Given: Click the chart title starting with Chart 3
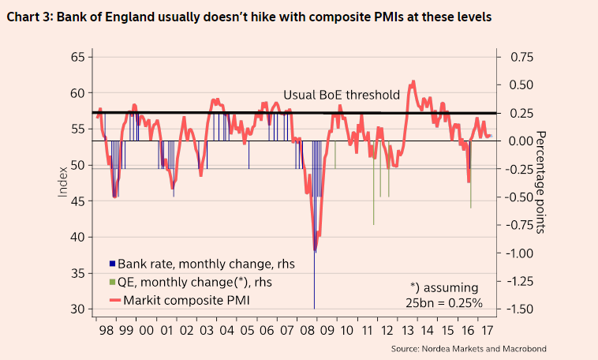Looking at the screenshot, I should [x=249, y=17].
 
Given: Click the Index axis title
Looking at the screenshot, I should [x=62, y=183].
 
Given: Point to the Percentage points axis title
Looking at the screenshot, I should [x=542, y=182].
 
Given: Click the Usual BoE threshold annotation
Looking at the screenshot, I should [x=341, y=95].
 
